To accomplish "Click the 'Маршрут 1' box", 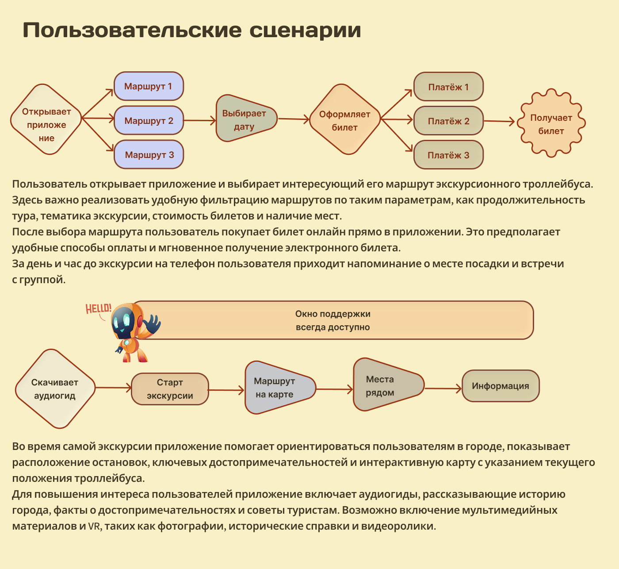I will [x=149, y=86].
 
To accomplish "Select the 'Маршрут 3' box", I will [x=149, y=155].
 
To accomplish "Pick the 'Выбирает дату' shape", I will [x=245, y=119].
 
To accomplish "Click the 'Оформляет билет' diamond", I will [x=345, y=120].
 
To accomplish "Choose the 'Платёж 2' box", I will [x=448, y=121].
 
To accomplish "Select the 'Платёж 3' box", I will [x=448, y=155].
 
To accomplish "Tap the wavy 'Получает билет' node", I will [x=551, y=123].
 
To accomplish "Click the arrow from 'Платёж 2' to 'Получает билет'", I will [x=499, y=121].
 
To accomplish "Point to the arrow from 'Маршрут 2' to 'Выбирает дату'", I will [x=199, y=120].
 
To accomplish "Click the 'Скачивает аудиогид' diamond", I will [x=55, y=389].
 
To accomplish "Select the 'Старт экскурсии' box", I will [x=170, y=389].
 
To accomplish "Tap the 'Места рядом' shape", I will [x=385, y=385].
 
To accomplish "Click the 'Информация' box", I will [x=500, y=386].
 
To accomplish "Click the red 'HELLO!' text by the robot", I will [x=98, y=308].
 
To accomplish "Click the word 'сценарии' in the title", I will [x=305, y=30].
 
